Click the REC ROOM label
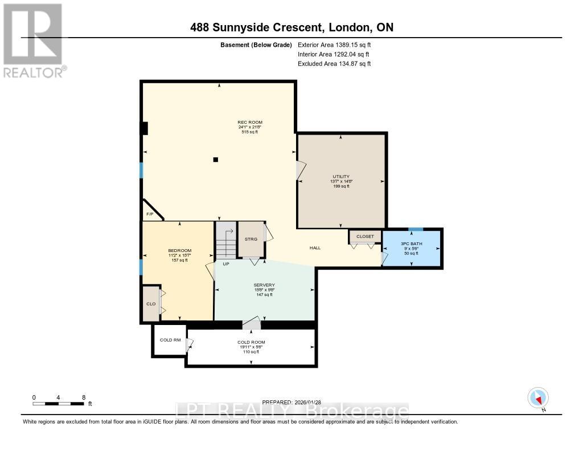[x=250, y=122]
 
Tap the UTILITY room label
[x=341, y=177]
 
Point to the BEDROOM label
[x=179, y=251]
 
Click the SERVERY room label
[x=264, y=285]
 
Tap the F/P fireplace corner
[x=150, y=214]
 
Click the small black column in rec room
[x=215, y=160]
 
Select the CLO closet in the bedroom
[x=151, y=303]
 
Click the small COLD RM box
[x=170, y=340]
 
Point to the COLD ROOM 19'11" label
[x=251, y=342]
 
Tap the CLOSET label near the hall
[x=365, y=236]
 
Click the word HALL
[x=315, y=248]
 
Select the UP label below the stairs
[x=226, y=264]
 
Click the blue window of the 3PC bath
[x=416, y=229]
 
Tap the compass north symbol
[x=538, y=397]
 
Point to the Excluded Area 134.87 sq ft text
[x=334, y=64]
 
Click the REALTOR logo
[x=34, y=40]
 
